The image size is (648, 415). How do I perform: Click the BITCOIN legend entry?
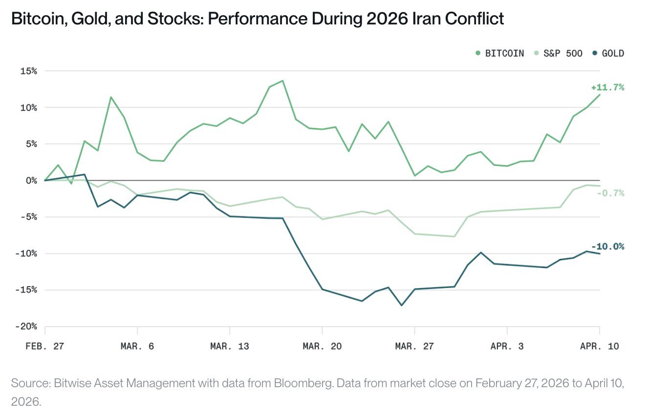click(504, 53)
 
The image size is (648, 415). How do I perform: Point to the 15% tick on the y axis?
click(28, 71)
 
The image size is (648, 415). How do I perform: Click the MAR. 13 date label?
click(230, 346)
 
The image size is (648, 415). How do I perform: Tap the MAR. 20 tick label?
click(322, 346)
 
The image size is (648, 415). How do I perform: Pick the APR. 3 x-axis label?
click(507, 346)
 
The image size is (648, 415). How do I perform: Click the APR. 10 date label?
click(600, 346)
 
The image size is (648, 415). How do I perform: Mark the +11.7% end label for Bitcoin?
click(607, 87)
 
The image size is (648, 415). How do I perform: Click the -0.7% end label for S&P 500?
click(610, 193)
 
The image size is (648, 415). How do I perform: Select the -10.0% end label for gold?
click(607, 247)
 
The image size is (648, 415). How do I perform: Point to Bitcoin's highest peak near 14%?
click(282, 81)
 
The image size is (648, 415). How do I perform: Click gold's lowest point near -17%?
click(402, 305)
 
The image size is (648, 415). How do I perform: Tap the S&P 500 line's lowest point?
click(454, 236)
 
